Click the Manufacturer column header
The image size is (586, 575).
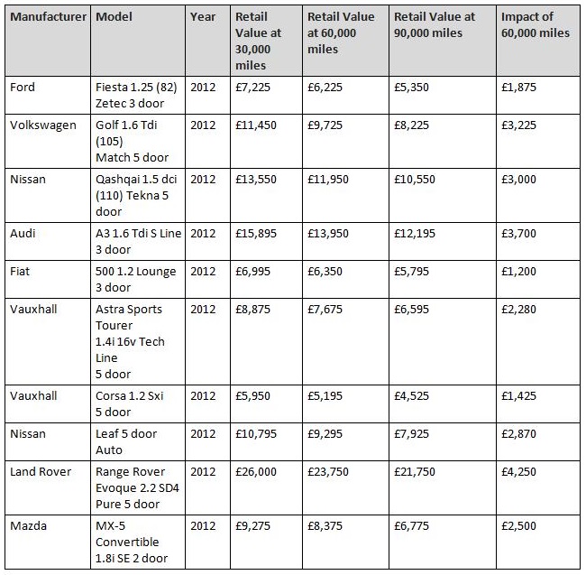48,17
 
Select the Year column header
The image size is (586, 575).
203,17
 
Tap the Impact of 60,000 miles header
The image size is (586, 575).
536,24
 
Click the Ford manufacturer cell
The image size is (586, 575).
23,88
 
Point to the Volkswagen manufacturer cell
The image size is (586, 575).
43,125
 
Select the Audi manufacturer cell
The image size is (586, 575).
23,234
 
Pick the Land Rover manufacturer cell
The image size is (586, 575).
41,472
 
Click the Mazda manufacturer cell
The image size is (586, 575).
29,526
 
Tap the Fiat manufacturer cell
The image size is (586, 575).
20,271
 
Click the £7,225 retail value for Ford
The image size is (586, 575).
252,88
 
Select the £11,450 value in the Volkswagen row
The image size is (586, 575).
256,125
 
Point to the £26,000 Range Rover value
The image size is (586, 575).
256,472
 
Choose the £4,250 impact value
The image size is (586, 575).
518,472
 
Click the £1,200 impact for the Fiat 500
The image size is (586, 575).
518,271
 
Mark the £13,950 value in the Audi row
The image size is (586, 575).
328,234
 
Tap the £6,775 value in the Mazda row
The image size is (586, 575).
411,526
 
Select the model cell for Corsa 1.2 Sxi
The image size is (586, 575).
129,404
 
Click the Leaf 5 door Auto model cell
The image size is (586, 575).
126,441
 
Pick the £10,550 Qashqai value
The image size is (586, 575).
415,180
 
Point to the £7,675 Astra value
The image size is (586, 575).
325,310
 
